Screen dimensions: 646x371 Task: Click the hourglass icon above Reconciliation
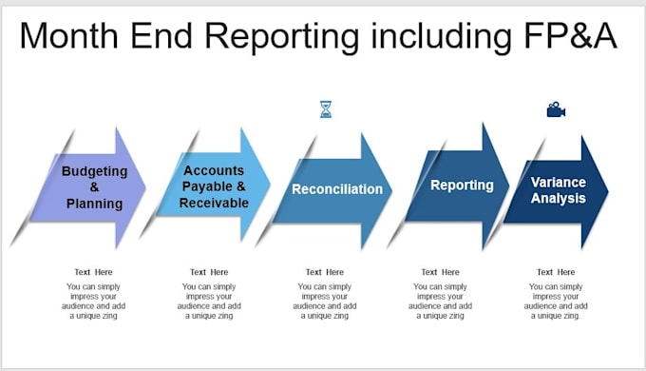(326, 109)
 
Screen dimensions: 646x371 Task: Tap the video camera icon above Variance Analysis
(556, 110)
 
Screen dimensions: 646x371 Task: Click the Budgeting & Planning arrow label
(94, 187)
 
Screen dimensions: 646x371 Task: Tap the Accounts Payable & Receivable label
(214, 186)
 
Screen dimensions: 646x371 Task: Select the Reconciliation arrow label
(337, 189)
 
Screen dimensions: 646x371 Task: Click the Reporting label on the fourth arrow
(462, 185)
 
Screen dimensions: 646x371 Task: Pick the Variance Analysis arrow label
(558, 190)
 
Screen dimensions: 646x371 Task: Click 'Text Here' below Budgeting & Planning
(94, 272)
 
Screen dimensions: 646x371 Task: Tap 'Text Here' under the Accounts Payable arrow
(210, 272)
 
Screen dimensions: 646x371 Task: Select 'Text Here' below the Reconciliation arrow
(325, 272)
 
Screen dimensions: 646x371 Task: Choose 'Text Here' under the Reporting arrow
(441, 272)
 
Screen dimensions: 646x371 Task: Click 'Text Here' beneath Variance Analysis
(556, 272)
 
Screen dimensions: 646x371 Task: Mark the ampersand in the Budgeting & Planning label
(94, 187)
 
